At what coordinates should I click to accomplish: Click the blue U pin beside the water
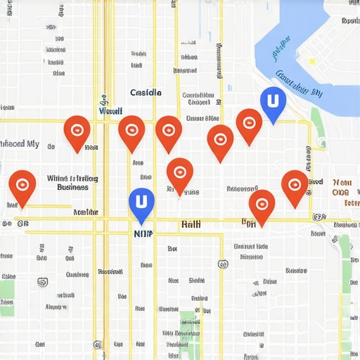point(273,102)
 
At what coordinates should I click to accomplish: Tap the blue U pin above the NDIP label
point(141,202)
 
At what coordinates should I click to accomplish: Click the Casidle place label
point(146,93)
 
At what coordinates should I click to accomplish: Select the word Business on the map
point(72,188)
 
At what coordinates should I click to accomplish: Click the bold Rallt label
point(191,224)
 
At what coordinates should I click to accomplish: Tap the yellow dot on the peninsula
point(311,62)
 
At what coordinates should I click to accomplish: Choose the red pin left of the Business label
point(22,185)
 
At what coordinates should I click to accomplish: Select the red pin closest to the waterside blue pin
point(248,123)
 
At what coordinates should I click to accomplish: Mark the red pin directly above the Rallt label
point(180,172)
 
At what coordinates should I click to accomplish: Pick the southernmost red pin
point(262,204)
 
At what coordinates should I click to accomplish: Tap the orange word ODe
point(340,193)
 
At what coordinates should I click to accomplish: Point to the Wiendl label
point(111,111)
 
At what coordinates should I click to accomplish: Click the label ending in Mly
point(19,143)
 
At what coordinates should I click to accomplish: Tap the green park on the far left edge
point(6,295)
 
